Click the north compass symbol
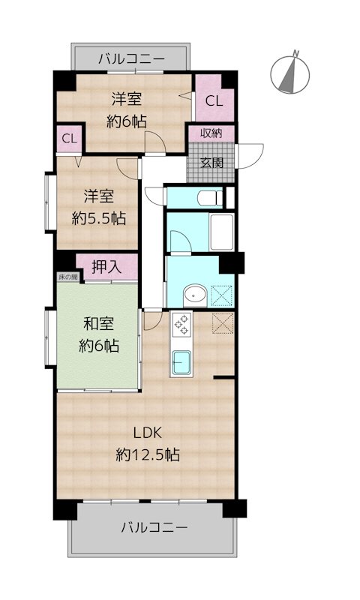[x=289, y=73]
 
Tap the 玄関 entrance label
[x=211, y=163]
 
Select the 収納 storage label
[x=211, y=133]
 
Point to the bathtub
[x=222, y=232]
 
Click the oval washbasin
[x=195, y=295]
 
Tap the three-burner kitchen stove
[x=181, y=325]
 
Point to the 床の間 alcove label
[x=68, y=276]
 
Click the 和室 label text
[x=99, y=325]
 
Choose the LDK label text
[x=148, y=433]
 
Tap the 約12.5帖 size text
[x=148, y=454]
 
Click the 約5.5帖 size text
[x=99, y=218]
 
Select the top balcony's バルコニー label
[x=131, y=59]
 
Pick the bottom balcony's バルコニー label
[x=154, y=528]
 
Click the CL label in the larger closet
[x=214, y=101]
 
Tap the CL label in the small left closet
[x=70, y=139]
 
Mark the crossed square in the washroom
[x=222, y=295]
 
